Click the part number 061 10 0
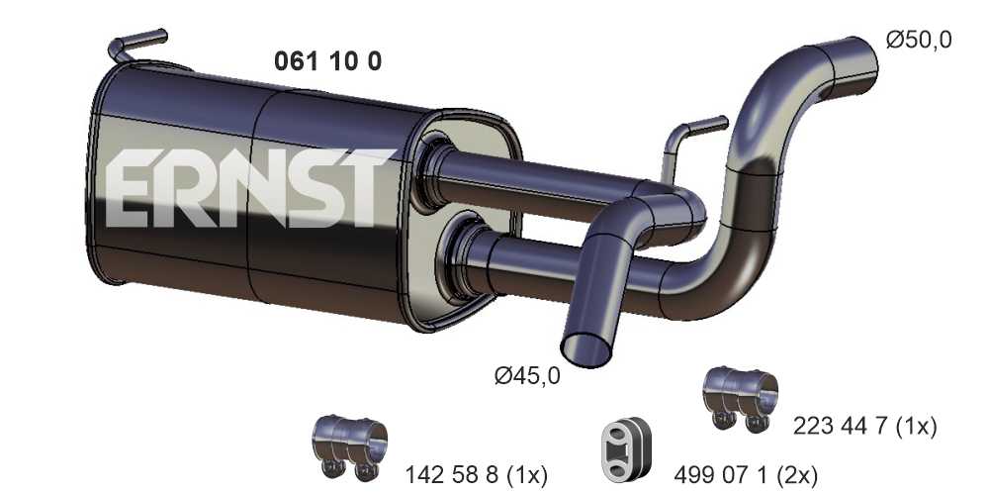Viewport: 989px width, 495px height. click(327, 61)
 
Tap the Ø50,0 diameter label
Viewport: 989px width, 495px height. click(919, 40)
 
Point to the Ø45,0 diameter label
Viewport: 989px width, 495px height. click(527, 376)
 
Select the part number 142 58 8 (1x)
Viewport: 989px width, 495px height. click(476, 474)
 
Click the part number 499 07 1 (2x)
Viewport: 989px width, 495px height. click(746, 473)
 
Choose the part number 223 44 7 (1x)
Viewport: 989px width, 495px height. click(864, 427)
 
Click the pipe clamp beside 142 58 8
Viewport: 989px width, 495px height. click(349, 447)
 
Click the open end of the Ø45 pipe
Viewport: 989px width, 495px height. click(585, 350)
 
